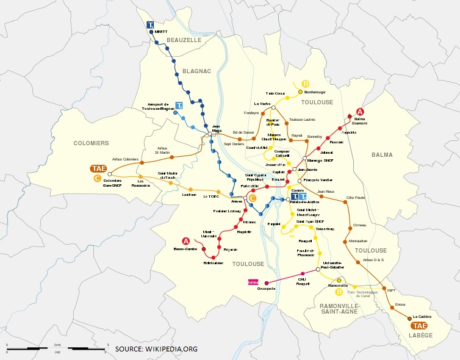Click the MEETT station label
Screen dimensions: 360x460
click(x=161, y=31)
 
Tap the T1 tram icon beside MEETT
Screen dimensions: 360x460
click(x=150, y=25)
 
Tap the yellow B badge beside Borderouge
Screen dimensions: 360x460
click(x=306, y=84)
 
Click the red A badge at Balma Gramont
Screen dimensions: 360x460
click(x=360, y=112)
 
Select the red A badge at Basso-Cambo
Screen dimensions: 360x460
click(x=186, y=242)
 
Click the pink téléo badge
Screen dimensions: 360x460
click(x=253, y=282)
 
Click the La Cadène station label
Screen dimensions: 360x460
click(x=422, y=317)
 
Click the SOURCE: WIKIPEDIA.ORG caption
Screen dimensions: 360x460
click(x=156, y=349)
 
